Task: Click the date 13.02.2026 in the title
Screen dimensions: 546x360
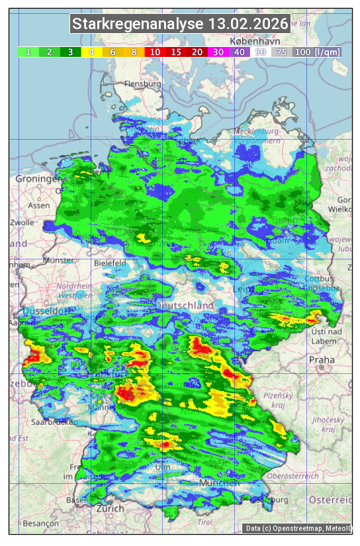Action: coord(248,24)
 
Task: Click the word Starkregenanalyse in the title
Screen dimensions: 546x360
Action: coord(138,24)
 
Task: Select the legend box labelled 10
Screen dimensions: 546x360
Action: coord(155,52)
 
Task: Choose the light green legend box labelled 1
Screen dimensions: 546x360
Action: coord(28,52)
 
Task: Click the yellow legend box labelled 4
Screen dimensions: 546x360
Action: coord(91,52)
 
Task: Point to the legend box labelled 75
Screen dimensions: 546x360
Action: coord(281,52)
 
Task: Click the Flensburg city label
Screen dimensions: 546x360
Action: coord(142,85)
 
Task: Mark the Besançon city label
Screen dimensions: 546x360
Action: coord(40,523)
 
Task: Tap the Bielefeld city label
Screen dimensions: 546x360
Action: coord(110,263)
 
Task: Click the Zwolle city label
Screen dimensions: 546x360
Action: coord(22,222)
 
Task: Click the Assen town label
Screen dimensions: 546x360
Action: coord(39,205)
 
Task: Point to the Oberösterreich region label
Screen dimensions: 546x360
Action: coord(293,476)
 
